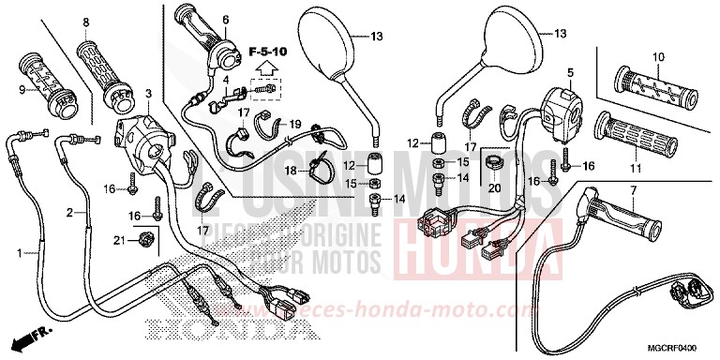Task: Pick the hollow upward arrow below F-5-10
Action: pos(266,67)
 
